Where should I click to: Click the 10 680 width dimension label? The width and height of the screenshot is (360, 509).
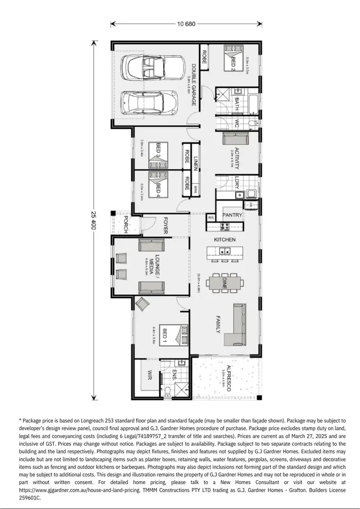tap(186, 24)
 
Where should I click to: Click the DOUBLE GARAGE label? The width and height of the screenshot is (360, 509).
tap(193, 85)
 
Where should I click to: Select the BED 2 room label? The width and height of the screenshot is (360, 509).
tap(234, 62)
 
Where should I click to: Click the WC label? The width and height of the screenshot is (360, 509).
tap(237, 123)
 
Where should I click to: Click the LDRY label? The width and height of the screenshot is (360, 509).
tap(237, 182)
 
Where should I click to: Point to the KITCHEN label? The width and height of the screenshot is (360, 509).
tap(225, 239)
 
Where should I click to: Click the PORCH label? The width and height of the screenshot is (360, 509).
tap(125, 225)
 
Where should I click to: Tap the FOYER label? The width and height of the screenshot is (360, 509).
tap(165, 225)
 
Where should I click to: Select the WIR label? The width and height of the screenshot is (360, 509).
tap(149, 375)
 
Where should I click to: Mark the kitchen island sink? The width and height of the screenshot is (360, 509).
tap(224, 251)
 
